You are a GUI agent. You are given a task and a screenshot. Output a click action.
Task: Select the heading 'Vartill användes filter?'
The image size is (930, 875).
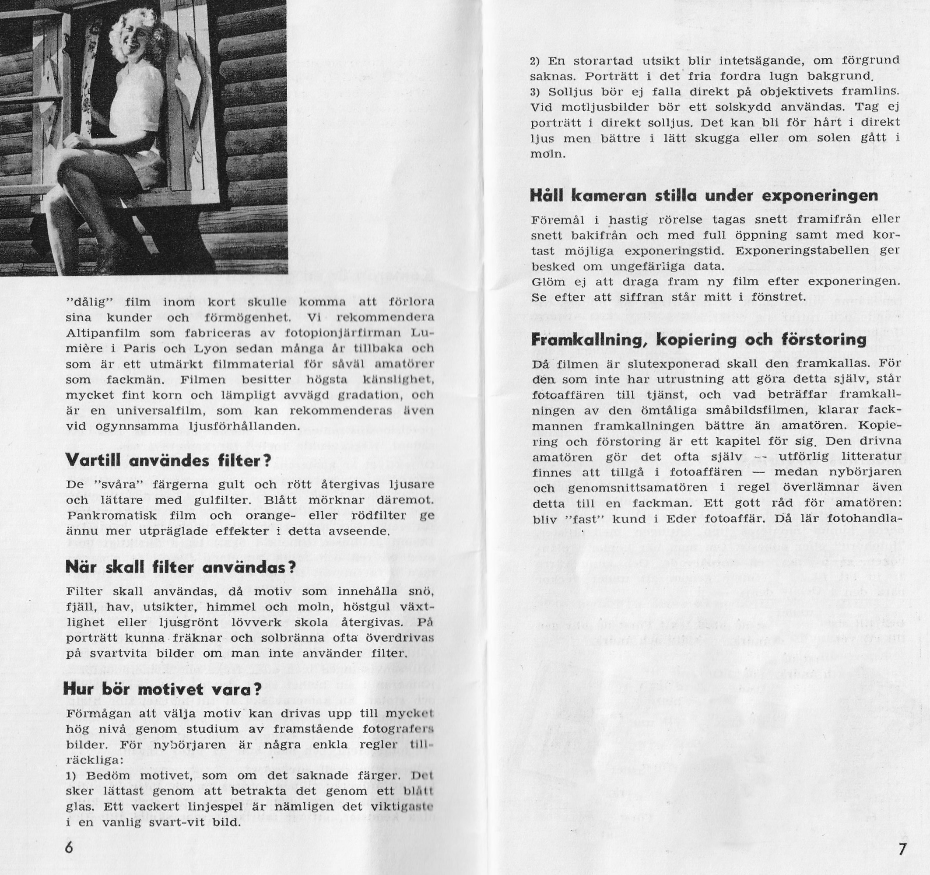(x=168, y=460)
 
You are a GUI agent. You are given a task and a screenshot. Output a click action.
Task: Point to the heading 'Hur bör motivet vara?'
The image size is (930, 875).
(x=162, y=689)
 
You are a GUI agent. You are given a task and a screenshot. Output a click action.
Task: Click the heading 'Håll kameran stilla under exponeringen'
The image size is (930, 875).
(x=704, y=195)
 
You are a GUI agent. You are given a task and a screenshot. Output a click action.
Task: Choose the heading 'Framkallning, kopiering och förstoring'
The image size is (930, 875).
(x=699, y=339)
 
